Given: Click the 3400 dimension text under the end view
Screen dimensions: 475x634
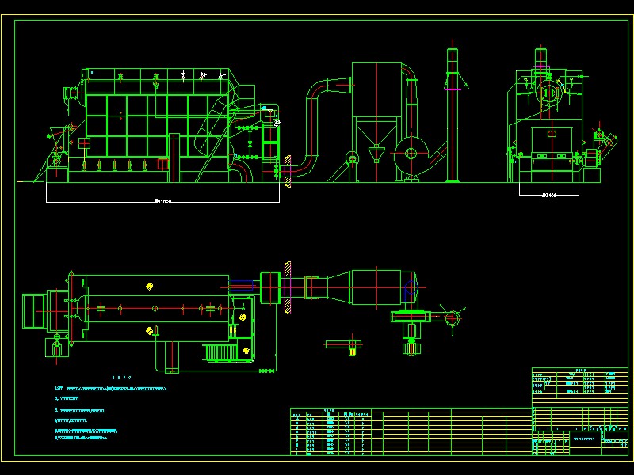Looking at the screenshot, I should [548, 194].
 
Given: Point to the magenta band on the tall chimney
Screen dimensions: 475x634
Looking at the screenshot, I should [453, 90].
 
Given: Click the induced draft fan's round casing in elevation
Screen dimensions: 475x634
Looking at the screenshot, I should [411, 154].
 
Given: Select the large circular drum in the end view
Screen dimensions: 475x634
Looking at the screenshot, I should [548, 93].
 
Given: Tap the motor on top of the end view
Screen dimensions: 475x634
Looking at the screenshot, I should [542, 59].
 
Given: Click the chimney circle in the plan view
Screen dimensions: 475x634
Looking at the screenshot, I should [453, 318].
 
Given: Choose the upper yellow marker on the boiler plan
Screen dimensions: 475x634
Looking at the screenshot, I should [149, 285].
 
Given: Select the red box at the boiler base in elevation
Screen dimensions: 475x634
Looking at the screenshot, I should [163, 165].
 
